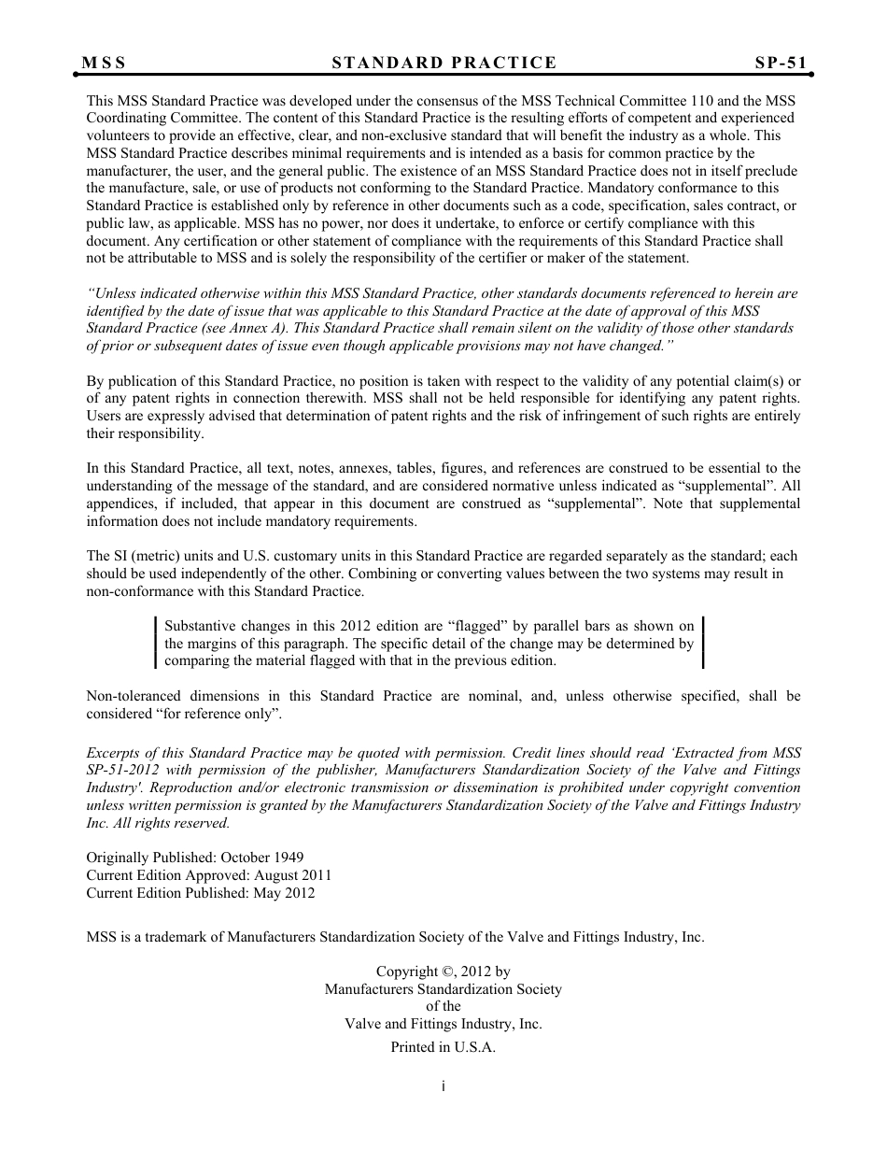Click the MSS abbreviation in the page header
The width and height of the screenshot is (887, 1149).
tap(104, 64)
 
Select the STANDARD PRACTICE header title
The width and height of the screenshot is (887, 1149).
tap(443, 64)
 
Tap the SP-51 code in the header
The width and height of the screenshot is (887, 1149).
tap(781, 64)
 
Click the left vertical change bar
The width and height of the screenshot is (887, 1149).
tap(156, 643)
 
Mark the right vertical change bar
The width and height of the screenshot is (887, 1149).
tap(702, 643)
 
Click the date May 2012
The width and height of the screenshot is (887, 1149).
tap(283, 893)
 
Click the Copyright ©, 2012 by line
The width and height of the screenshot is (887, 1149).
tap(443, 972)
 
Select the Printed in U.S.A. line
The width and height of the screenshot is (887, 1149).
tap(443, 1047)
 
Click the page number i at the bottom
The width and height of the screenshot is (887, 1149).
tap(443, 1086)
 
